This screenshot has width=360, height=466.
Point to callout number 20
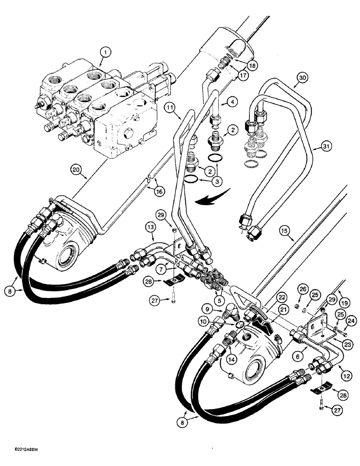click(77, 170)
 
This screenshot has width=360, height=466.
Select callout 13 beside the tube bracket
click(150, 226)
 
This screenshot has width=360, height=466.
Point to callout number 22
click(267, 297)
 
